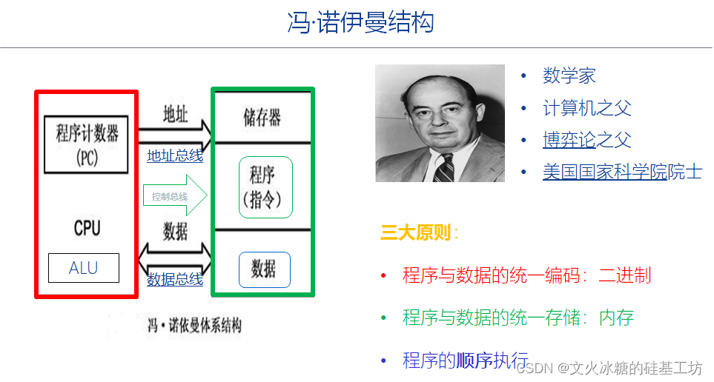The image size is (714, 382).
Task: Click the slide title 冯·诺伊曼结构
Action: coord(360,22)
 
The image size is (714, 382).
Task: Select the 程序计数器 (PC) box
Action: coord(87,144)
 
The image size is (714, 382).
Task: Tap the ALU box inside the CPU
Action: coord(83,268)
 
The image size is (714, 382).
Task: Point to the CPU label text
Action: coord(87,227)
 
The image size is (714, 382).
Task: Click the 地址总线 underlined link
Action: coord(175,155)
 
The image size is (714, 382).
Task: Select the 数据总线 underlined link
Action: coord(175,279)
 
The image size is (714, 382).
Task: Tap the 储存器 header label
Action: coord(262,117)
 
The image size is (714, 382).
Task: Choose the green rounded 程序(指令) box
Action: coord(265,188)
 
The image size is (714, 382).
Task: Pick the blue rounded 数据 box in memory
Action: coord(264,270)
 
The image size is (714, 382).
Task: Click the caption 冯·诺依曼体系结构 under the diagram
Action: coord(195,325)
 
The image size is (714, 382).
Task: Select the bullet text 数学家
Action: coord(569,76)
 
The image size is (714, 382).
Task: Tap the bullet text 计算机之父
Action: coord(586,108)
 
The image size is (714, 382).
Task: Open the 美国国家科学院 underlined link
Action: coord(604,172)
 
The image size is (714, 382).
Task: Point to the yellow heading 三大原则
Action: coord(415,233)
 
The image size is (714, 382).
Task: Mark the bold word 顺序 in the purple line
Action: coord(474,361)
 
